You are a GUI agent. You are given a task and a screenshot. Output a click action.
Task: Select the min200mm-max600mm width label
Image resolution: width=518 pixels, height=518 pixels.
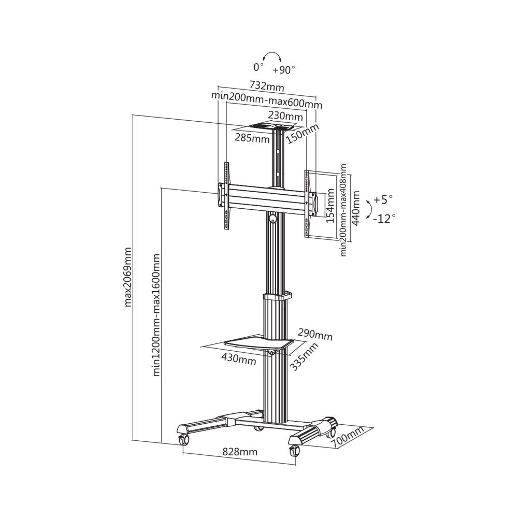tap(267, 98)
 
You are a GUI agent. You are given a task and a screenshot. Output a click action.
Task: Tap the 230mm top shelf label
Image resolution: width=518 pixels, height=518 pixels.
tap(285, 116)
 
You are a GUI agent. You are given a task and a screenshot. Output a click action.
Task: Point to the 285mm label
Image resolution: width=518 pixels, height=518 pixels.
tap(252, 138)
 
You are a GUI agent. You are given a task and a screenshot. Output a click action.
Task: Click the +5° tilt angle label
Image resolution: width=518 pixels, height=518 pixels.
tap(383, 199)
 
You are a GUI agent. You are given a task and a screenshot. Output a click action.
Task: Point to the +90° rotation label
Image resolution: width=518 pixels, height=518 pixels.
tap(284, 69)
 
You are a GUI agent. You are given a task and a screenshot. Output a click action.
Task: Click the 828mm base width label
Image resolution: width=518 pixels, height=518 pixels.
tap(240, 451)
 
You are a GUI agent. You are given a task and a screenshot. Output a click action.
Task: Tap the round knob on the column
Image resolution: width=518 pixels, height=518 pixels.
tap(273, 220)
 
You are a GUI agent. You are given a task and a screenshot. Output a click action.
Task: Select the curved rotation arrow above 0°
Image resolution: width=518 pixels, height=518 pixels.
tap(272, 56)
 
